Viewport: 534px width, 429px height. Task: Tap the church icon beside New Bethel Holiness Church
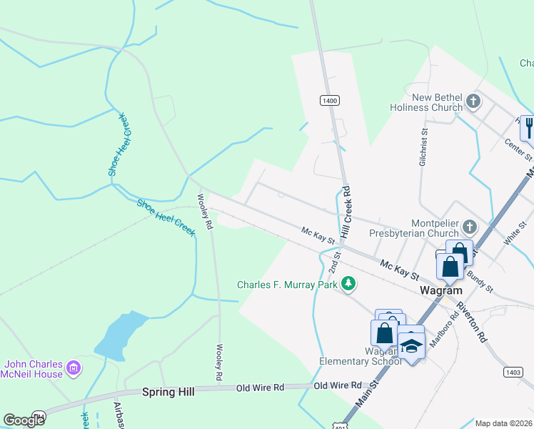coord(473,102)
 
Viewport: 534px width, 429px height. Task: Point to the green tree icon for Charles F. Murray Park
coord(348,284)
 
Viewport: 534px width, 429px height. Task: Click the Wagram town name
coord(440,291)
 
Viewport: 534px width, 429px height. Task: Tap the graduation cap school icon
coord(411,346)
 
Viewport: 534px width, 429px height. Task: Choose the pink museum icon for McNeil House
coord(73,369)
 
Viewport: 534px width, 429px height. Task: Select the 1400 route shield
coord(329,101)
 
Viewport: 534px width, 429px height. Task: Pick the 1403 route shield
coord(512,372)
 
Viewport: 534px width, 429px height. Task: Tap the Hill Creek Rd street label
coord(346,213)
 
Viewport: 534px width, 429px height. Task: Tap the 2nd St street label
coord(334,262)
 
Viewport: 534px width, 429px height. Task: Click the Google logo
coord(24,420)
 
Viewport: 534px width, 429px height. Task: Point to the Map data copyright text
coord(503,423)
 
